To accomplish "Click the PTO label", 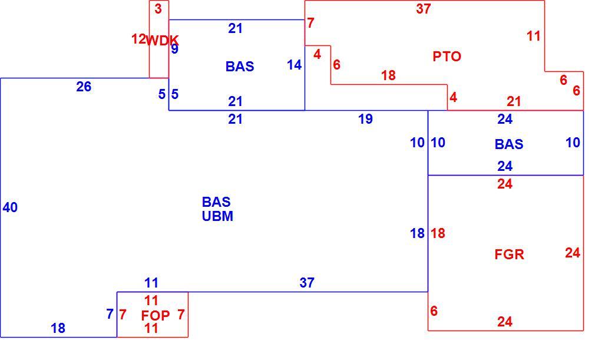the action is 447,57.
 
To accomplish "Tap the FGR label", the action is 509,254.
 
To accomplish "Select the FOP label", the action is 155,315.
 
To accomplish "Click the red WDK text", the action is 162,40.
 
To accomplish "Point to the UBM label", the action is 217,216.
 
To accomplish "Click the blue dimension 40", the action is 10,207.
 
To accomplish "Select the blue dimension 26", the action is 84,87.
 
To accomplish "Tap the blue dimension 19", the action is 365,119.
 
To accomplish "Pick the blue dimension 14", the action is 295,65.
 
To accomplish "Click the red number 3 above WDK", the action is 158,8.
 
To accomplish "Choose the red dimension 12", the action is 138,39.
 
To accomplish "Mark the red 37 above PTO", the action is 424,8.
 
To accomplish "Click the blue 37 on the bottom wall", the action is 307,283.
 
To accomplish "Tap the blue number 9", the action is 174,49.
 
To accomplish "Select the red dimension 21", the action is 514,101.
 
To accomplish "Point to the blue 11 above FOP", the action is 151,283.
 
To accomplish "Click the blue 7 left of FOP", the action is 110,314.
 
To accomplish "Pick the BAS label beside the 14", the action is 240,67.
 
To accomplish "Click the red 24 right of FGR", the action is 573,253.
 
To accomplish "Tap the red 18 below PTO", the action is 389,75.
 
